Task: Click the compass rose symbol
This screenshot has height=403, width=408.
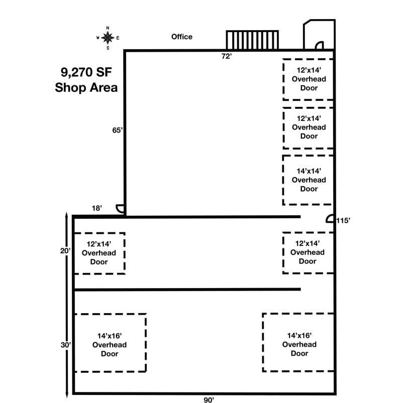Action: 108,37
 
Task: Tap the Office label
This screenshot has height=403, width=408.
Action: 181,37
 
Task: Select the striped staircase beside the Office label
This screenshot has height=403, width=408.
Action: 252,40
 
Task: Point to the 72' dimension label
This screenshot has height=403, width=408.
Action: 227,56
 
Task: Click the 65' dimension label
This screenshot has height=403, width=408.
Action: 118,130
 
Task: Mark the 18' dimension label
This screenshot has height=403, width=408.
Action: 97,208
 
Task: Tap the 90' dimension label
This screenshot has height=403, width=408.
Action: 209,399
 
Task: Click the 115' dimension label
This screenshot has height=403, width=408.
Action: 343,220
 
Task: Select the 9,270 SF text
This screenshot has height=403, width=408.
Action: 84,72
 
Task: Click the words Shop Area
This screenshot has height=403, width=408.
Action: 86,87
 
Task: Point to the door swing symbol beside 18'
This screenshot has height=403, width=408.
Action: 120,209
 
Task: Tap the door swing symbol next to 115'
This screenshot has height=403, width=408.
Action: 330,219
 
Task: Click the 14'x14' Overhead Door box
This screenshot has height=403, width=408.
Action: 309,180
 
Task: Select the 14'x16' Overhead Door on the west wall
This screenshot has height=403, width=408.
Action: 110,344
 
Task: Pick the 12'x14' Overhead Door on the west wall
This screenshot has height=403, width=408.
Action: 99,253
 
